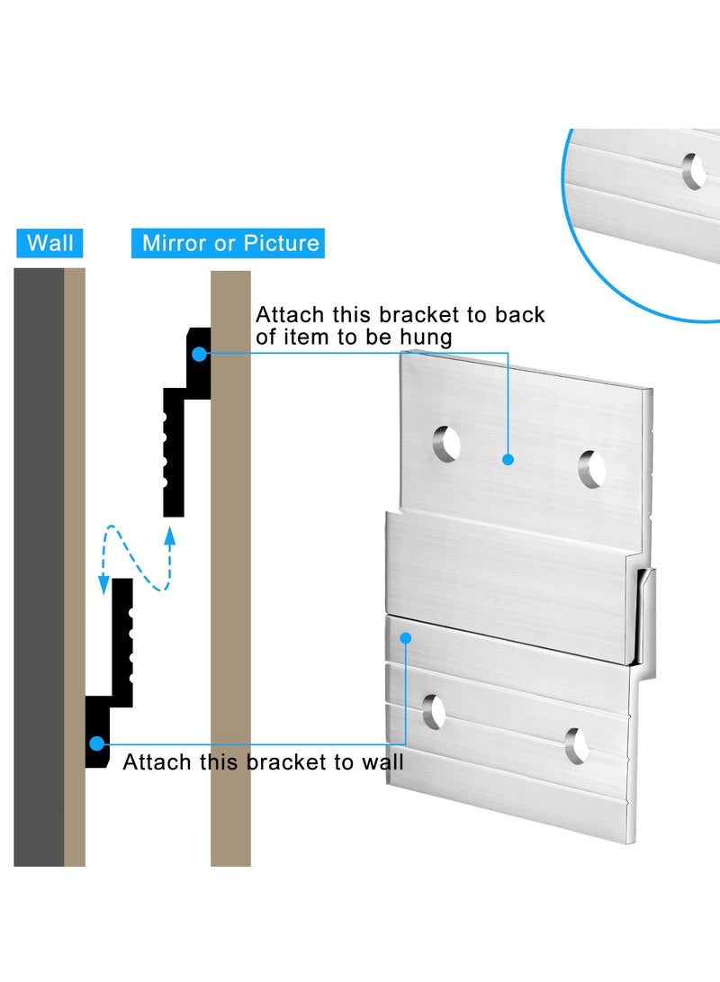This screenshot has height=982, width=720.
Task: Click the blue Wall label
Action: [50, 243]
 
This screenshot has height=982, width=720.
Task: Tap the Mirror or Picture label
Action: [230, 243]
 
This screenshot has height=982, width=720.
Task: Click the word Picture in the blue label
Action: [283, 243]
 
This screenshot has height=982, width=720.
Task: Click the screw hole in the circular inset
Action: [694, 170]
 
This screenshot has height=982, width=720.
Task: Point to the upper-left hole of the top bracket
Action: [446, 444]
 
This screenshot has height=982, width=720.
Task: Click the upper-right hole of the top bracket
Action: [592, 469]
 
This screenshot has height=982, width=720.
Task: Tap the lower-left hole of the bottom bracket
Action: [435, 711]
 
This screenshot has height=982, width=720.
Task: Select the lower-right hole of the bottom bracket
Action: [576, 744]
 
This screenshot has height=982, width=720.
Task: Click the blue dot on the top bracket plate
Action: [508, 459]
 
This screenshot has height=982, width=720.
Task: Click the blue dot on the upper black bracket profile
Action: [197, 354]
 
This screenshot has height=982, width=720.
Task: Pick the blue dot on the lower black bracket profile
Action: [95, 743]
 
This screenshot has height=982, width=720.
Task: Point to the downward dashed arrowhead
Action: [104, 586]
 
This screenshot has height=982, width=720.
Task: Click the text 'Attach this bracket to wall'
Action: [263, 762]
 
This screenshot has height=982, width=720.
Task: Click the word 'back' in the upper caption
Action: [518, 315]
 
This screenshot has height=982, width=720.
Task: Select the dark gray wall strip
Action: [39, 567]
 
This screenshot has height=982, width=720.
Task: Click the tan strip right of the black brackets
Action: [230, 567]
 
